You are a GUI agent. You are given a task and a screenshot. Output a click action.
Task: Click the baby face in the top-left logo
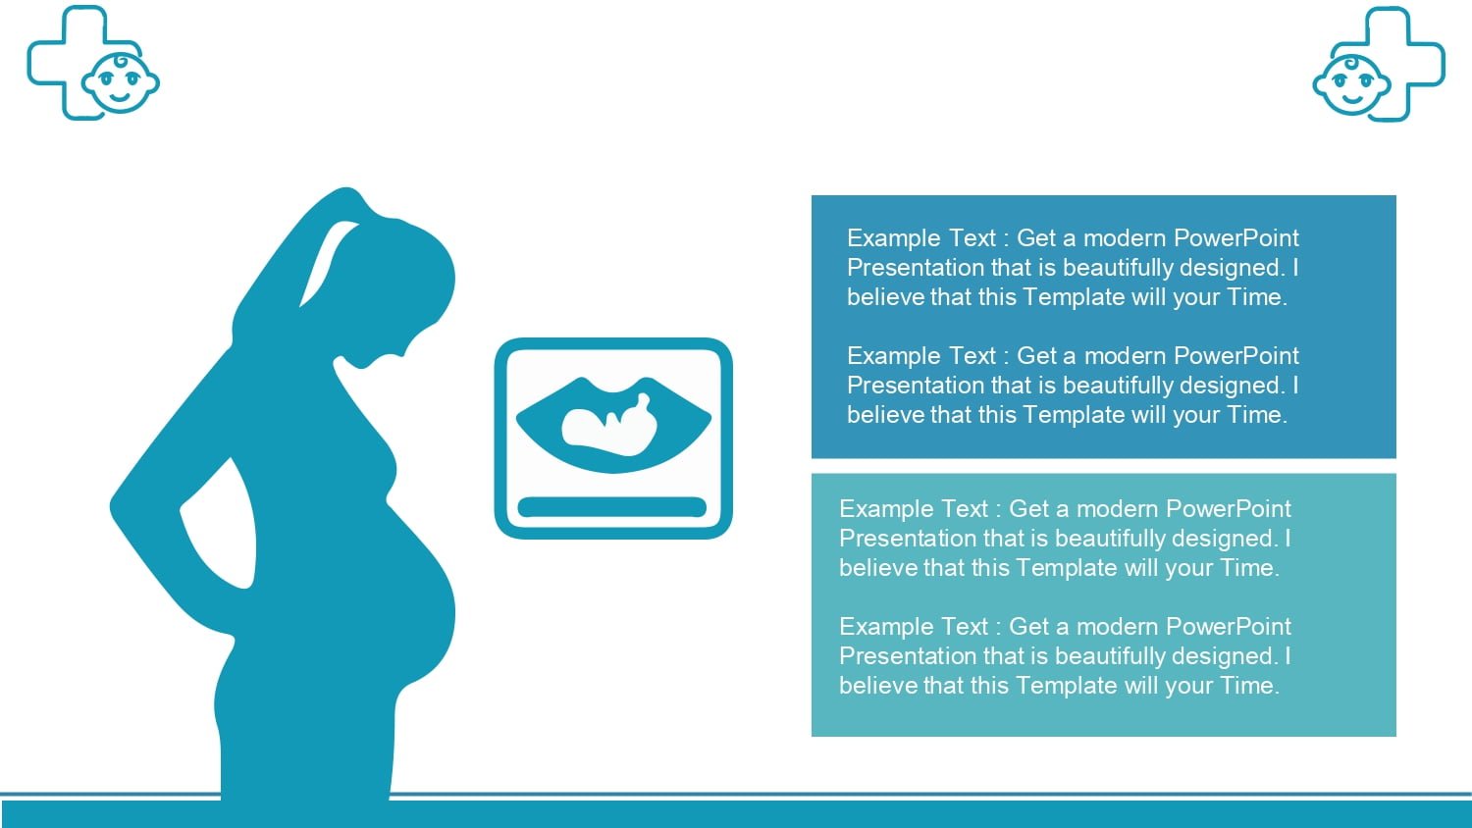(x=121, y=83)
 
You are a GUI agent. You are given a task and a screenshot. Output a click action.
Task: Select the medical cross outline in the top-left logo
(x=46, y=63)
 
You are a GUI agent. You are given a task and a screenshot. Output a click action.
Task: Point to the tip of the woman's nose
(x=401, y=355)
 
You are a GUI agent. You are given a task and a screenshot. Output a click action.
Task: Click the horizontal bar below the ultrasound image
(x=611, y=506)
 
